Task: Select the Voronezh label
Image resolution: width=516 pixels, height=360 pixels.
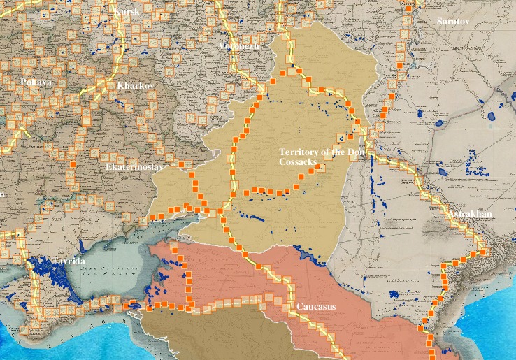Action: [238, 45]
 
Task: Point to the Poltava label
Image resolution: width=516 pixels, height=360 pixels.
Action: [36, 82]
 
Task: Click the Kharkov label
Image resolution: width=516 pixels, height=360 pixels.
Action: [136, 85]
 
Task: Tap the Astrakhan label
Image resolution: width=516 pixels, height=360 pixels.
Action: [471, 213]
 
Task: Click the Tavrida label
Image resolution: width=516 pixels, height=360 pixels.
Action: [68, 261]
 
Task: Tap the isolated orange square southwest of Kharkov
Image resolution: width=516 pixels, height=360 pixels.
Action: [72, 164]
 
